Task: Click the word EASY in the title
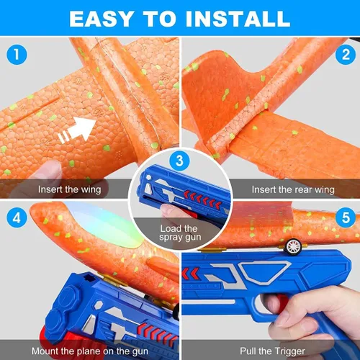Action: pyautogui.click(x=102, y=19)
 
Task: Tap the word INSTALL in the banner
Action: pyautogui.click(x=238, y=19)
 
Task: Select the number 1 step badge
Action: pyautogui.click(x=17, y=54)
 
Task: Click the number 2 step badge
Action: pyautogui.click(x=346, y=55)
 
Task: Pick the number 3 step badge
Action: pyautogui.click(x=179, y=161)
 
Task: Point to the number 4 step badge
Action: pyautogui.click(x=17, y=218)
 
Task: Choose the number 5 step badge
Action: pyautogui.click(x=346, y=217)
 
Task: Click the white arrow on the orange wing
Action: pyautogui.click(x=77, y=130)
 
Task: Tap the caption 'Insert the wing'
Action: pyautogui.click(x=70, y=189)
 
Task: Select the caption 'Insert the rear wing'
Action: pyautogui.click(x=293, y=189)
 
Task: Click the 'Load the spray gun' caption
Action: pyautogui.click(x=179, y=233)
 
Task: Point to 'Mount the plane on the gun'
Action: pyautogui.click(x=90, y=351)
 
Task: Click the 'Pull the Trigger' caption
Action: pyautogui.click(x=272, y=351)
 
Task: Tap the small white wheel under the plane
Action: pyautogui.click(x=294, y=247)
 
